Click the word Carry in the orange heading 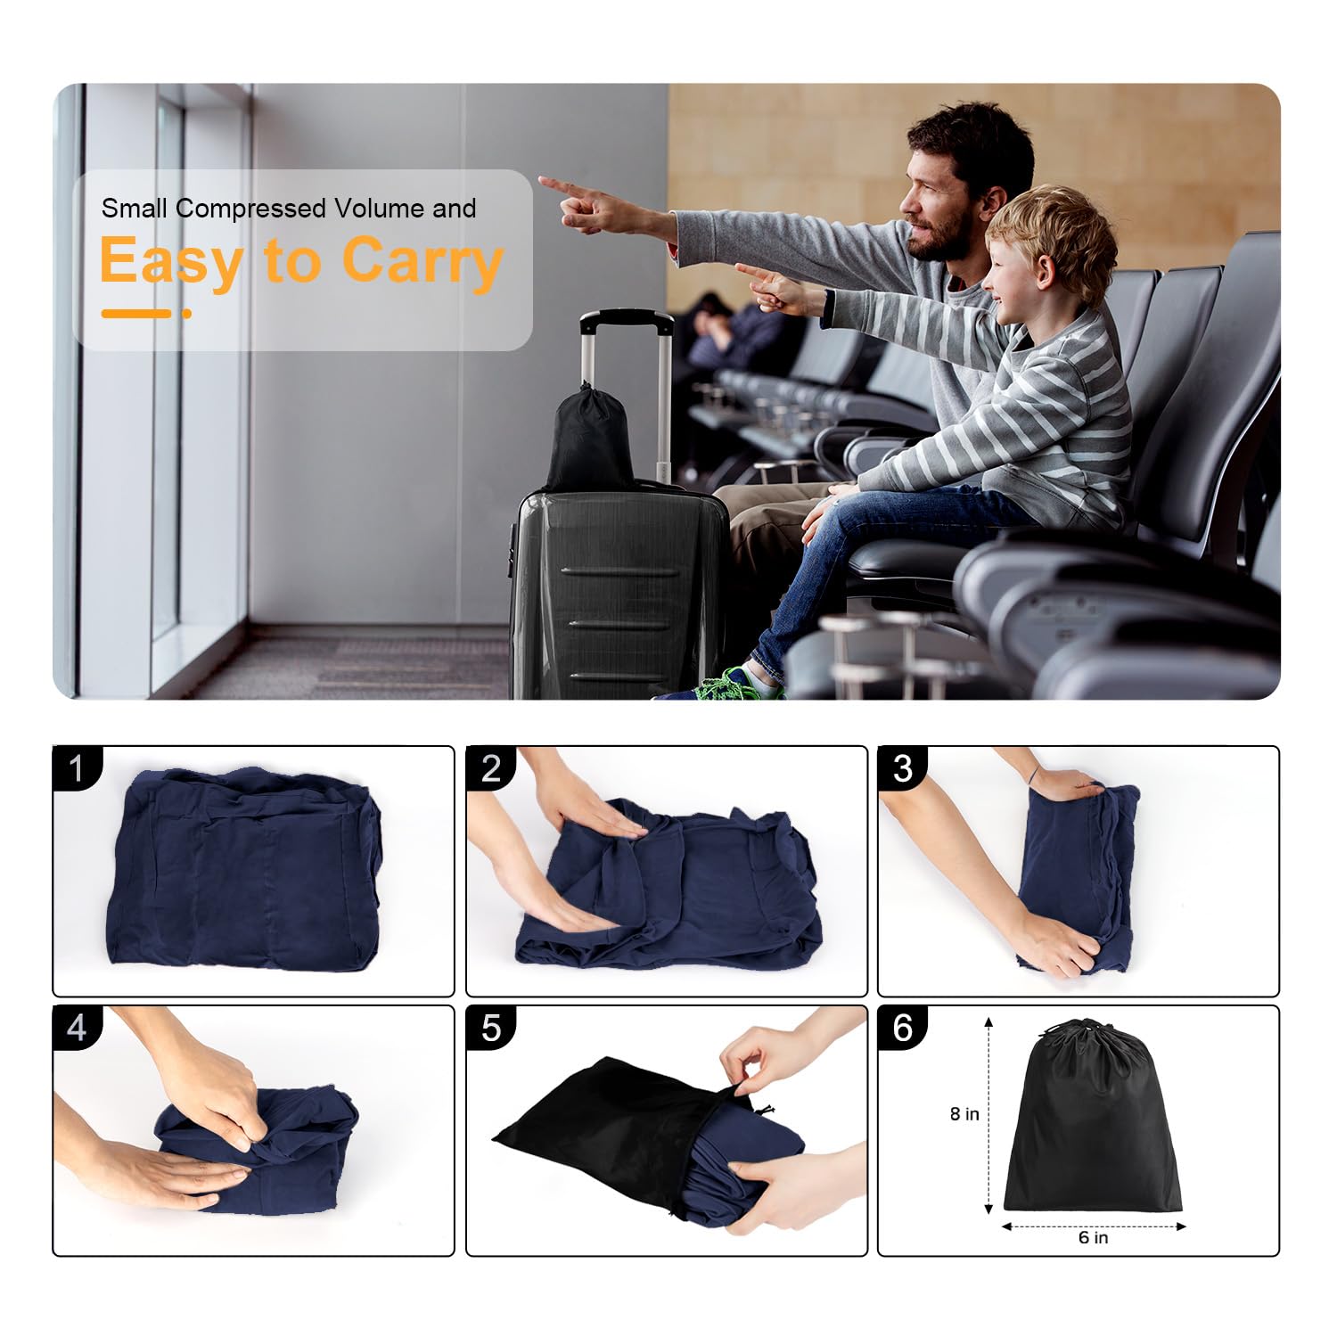pyautogui.click(x=422, y=260)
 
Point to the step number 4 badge pyautogui.click(x=77, y=1028)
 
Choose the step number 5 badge pyautogui.click(x=491, y=1028)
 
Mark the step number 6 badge pyautogui.click(x=903, y=1028)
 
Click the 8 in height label pyautogui.click(x=964, y=1114)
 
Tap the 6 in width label pyautogui.click(x=1094, y=1237)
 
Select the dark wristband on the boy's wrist pyautogui.click(x=828, y=308)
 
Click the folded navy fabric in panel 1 pyautogui.click(x=244, y=870)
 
